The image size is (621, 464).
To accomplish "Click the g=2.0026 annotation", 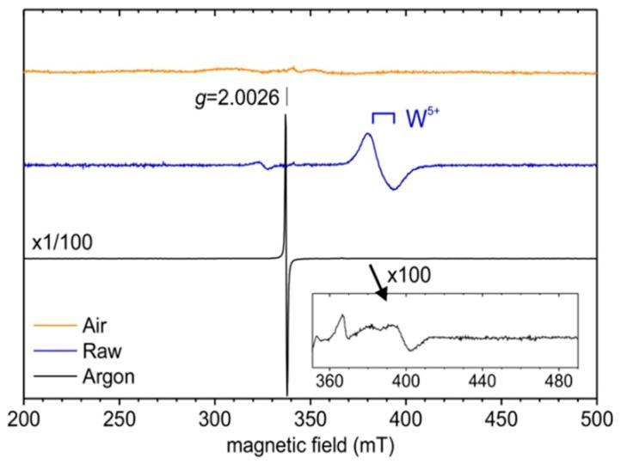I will [x=237, y=99].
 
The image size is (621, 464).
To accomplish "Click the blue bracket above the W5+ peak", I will [x=383, y=116].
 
